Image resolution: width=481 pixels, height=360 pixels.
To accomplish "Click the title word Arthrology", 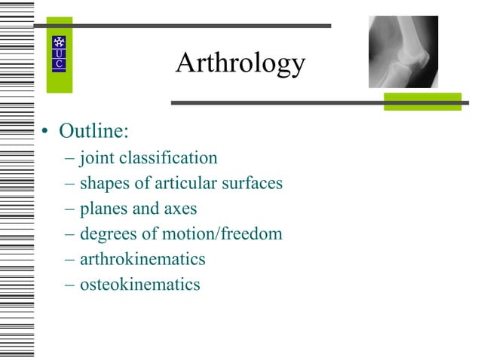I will [x=240, y=63].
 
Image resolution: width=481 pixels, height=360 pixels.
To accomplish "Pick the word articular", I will [x=185, y=183].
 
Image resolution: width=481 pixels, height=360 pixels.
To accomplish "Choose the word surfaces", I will [x=251, y=183].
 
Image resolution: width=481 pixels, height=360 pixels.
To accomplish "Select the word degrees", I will [x=107, y=234].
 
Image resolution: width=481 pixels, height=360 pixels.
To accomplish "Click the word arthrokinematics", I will [x=142, y=260].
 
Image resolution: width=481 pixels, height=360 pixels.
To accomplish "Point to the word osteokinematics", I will [x=139, y=285].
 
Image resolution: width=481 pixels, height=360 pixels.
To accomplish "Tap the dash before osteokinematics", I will [x=70, y=285].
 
